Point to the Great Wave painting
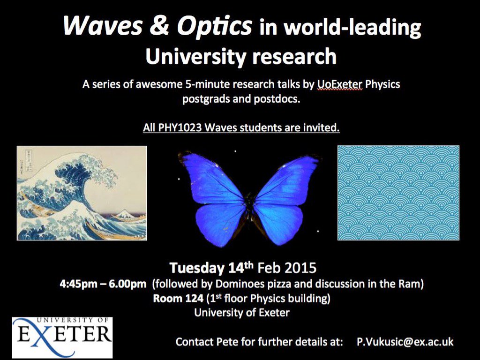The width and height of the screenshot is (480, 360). pyautogui.click(x=82, y=193)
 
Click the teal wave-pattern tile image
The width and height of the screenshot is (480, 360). pyautogui.click(x=398, y=193)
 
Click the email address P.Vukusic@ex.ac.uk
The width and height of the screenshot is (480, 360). pyautogui.click(x=405, y=342)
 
